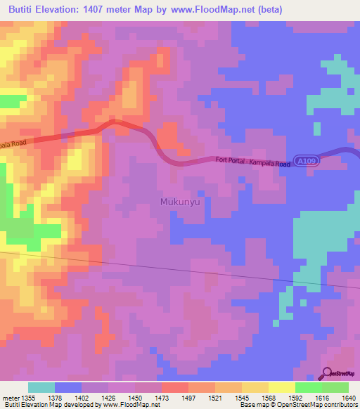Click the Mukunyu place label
tap(181, 201)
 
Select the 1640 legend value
tap(349, 397)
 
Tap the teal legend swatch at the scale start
tap(41, 387)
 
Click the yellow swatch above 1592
tap(282, 387)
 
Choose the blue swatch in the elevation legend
tap(68, 387)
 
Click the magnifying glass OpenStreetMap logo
tap(328, 372)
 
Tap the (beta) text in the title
tap(269, 9)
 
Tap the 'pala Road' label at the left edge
tap(14, 144)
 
